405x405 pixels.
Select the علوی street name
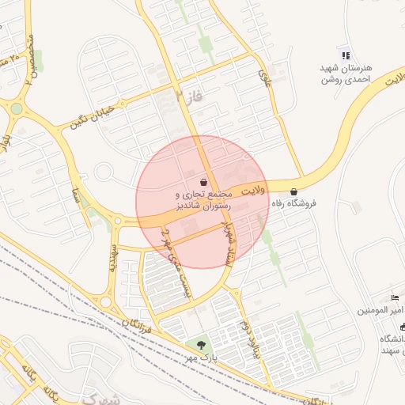(264, 77)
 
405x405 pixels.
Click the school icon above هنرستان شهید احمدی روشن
(345, 55)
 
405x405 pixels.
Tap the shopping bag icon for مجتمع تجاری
(204, 181)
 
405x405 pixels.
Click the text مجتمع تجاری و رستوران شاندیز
(203, 199)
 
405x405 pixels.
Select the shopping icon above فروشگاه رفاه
(294, 191)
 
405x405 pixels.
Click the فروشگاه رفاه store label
(294, 203)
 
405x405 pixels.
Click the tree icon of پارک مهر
(201, 346)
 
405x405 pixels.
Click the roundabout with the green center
(17, 109)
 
